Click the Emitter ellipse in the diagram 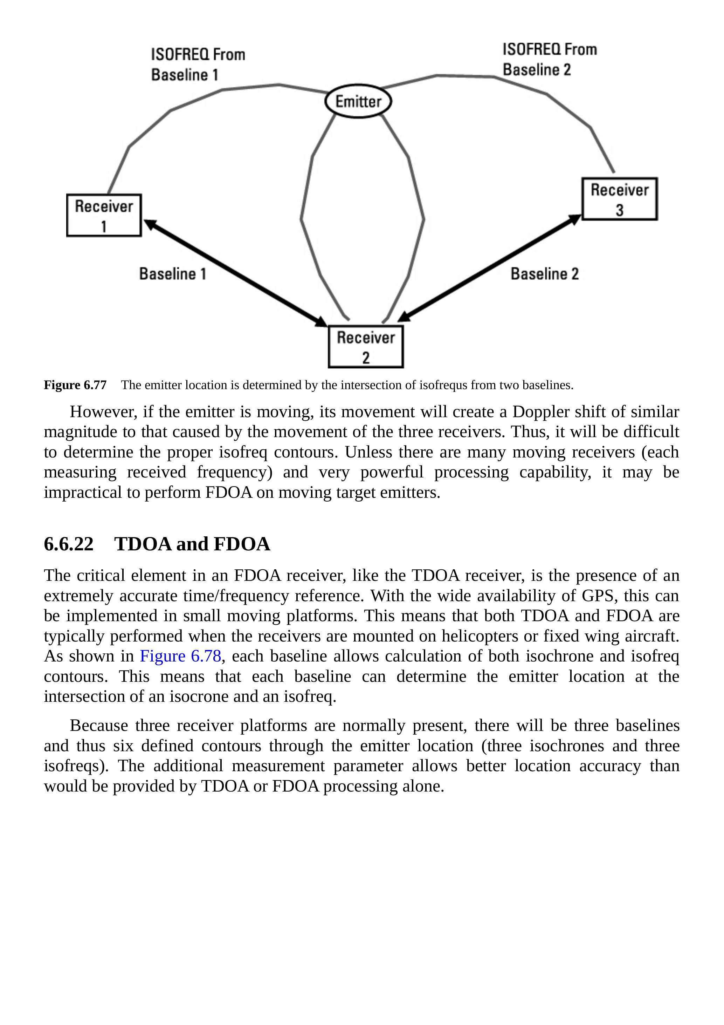click(x=358, y=101)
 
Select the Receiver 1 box click(x=104, y=215)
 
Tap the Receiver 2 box click(x=366, y=347)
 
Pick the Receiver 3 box click(x=620, y=199)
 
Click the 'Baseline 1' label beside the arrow click(x=173, y=274)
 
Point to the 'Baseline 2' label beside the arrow click(x=544, y=274)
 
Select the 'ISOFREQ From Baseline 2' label click(x=550, y=59)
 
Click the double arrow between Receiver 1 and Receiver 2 click(x=235, y=273)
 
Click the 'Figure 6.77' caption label click(x=75, y=385)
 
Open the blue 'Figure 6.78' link click(x=180, y=656)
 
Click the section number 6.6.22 click(x=69, y=544)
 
